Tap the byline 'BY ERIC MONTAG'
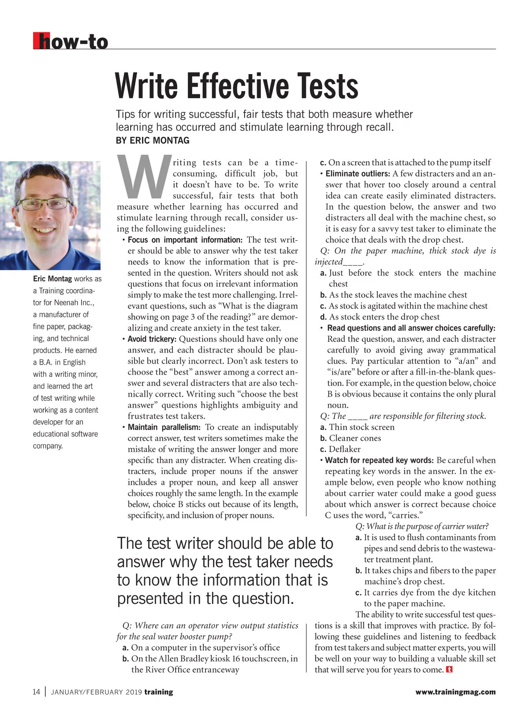[153, 141]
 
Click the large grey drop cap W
[144, 176]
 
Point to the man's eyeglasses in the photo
[45, 203]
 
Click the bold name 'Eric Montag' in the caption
[52, 279]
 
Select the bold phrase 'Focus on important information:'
[185, 240]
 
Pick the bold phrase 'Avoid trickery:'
[152, 339]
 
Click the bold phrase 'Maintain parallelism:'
[164, 427]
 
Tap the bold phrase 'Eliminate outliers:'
[358, 174]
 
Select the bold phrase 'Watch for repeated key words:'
[379, 460]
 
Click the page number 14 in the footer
[37, 692]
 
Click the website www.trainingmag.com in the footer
[455, 692]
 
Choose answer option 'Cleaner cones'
[355, 438]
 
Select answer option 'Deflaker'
[345, 449]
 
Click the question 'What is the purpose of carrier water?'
[422, 526]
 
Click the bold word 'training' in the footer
[159, 692]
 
